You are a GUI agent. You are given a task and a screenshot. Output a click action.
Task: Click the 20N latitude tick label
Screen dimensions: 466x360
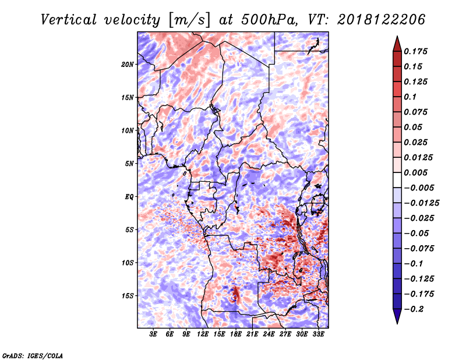[x=128, y=65]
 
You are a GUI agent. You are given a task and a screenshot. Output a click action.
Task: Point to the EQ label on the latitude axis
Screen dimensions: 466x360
[x=129, y=197]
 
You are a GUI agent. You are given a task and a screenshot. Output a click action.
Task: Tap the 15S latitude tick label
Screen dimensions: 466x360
[x=128, y=296]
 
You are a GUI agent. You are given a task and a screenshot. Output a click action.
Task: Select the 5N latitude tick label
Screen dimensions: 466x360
[x=129, y=164]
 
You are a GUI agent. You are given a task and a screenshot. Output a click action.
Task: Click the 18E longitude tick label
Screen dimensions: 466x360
[x=235, y=334]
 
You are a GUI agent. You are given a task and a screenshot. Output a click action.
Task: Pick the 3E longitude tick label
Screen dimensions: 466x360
[x=153, y=334]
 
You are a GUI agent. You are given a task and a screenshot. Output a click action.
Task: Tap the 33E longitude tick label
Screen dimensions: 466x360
[x=318, y=334]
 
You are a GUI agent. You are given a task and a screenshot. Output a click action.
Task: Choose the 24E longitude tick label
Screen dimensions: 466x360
[x=269, y=334]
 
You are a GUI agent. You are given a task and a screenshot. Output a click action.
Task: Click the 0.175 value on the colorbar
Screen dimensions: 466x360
[x=415, y=51]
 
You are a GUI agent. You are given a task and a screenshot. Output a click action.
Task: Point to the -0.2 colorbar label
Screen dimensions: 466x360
[x=414, y=309]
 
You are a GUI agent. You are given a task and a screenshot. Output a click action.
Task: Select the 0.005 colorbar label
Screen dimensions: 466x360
[x=415, y=172]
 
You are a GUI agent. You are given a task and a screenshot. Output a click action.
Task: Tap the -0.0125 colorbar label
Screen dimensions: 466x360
[x=421, y=203]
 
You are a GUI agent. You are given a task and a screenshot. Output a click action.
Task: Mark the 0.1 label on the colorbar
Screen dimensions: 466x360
[x=410, y=97]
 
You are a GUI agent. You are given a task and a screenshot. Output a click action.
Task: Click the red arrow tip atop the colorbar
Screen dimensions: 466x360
[x=397, y=37]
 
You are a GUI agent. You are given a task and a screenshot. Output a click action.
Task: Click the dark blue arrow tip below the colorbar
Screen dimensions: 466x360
[x=397, y=323]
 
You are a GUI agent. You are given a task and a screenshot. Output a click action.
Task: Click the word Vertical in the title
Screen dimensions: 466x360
[x=69, y=20]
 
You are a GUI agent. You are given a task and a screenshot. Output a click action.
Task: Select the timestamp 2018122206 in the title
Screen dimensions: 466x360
[x=382, y=20]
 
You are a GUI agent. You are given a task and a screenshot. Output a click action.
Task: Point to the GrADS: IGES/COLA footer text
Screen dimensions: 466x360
[x=33, y=355]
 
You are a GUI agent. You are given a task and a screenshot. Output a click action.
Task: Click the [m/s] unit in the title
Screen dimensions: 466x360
[x=189, y=20]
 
